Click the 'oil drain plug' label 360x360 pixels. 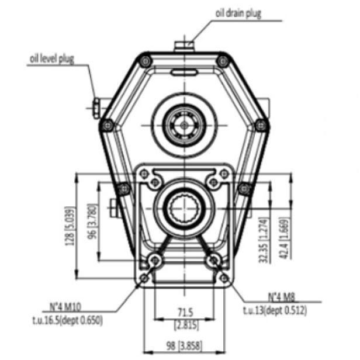(x=238, y=13)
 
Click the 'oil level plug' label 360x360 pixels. (x=52, y=58)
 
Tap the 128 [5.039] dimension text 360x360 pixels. (x=70, y=226)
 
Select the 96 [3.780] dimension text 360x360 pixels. (x=92, y=221)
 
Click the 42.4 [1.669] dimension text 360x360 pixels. (x=284, y=239)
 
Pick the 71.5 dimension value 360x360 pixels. (x=185, y=312)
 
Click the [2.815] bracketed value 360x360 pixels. (x=186, y=325)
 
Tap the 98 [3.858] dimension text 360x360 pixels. (x=184, y=346)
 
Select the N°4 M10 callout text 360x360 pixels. (x=65, y=306)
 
